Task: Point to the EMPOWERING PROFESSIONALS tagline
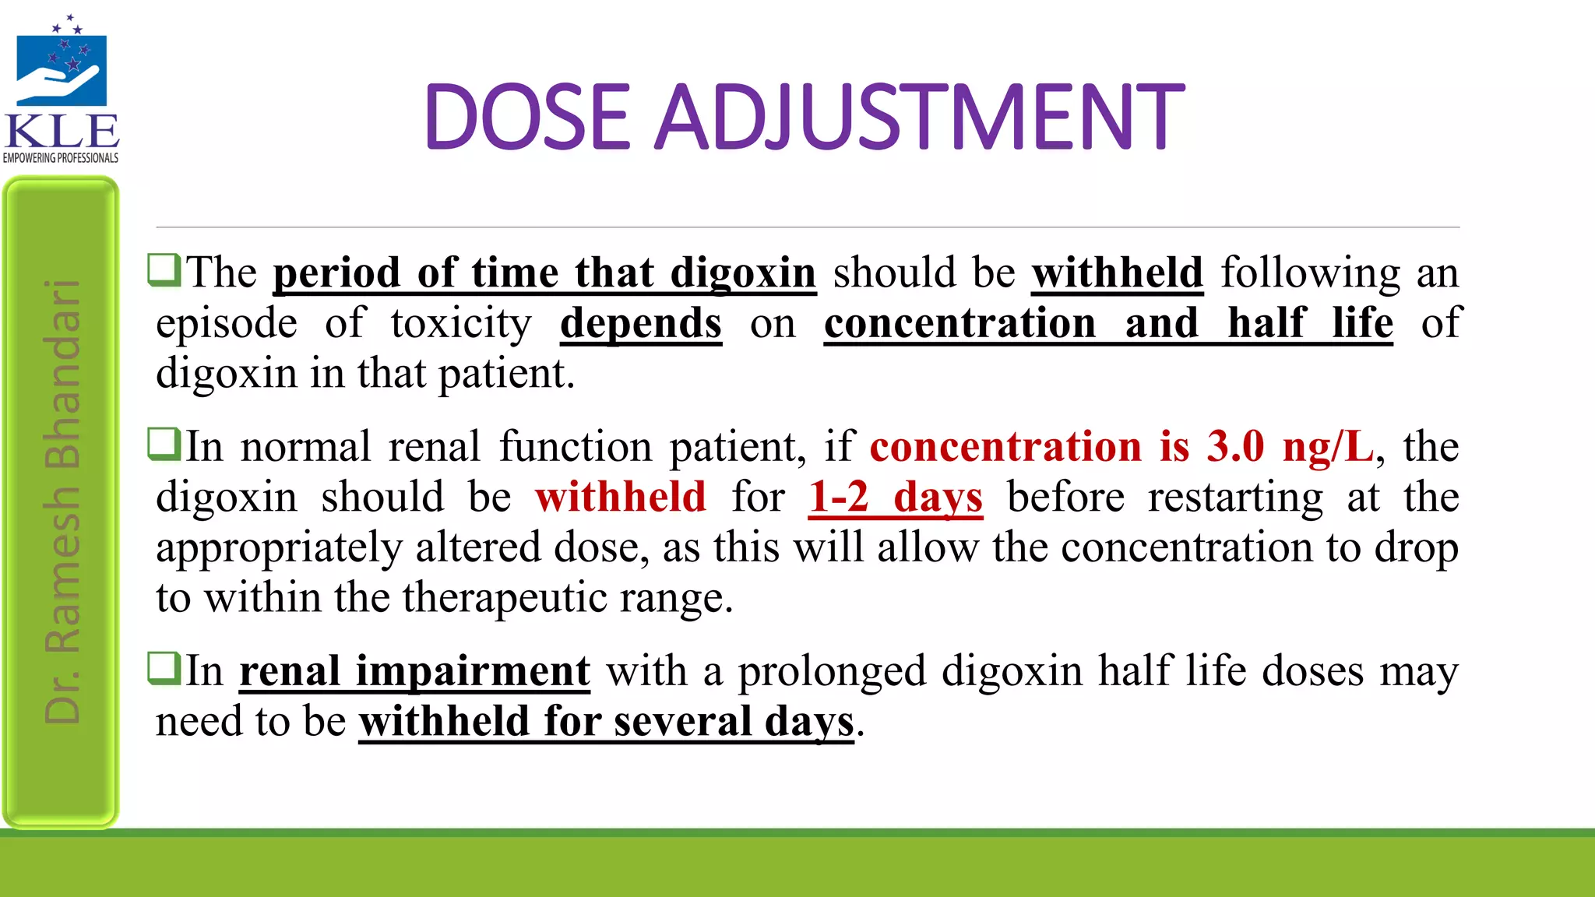(61, 158)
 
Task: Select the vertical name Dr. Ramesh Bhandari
(62, 502)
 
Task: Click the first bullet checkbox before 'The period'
(164, 270)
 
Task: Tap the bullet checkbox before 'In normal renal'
(164, 444)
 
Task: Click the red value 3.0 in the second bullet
(1235, 447)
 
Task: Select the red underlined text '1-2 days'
(896, 498)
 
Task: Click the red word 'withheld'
(621, 498)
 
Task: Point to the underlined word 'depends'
(641, 323)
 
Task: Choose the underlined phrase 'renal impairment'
(414, 671)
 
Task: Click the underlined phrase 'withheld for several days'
(607, 722)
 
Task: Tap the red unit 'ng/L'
(1328, 447)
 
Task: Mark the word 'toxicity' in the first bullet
(461, 323)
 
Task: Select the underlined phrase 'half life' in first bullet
(1310, 323)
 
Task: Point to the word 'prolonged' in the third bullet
(832, 671)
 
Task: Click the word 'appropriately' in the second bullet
(279, 548)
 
